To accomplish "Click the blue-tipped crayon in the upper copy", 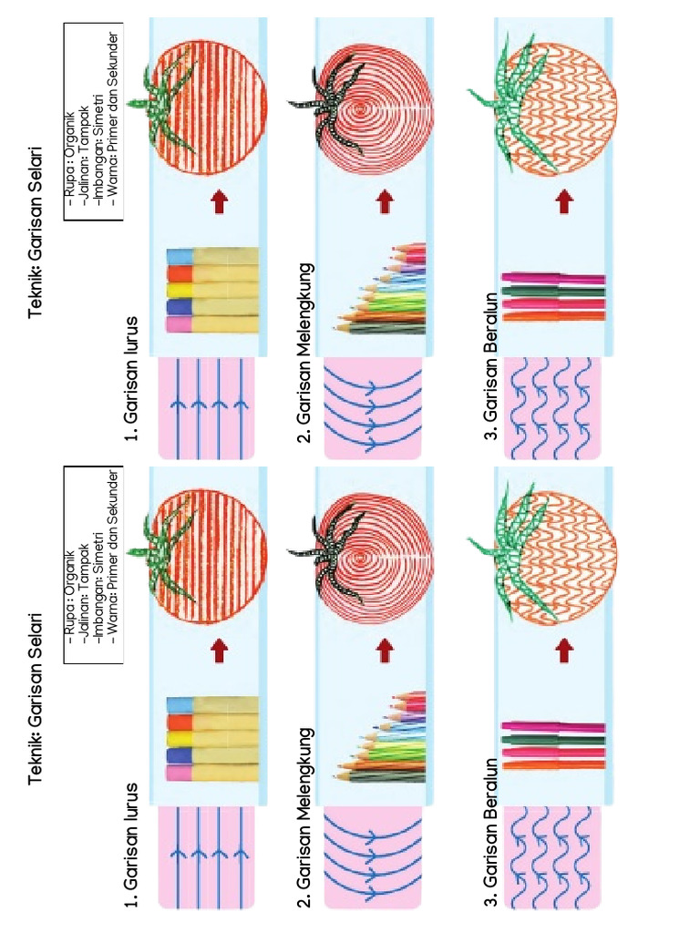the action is pos(213,256).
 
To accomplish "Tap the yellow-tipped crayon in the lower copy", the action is pos(213,740).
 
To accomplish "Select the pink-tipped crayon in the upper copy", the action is pos(213,325).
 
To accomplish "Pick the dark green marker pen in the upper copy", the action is pos(553,292).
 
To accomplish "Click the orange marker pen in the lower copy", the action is pos(553,764).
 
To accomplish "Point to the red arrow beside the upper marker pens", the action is pos(565,201).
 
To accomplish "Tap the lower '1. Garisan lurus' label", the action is pos(131,846).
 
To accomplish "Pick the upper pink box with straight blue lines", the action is pos(207,408).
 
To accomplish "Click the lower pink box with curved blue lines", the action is pos(373,857).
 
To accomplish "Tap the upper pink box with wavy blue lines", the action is pos(552,408).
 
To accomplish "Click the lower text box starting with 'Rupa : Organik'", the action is pos(94,564).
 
